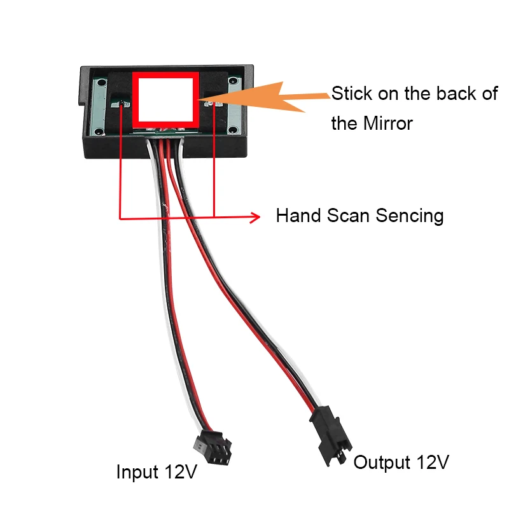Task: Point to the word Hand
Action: pos(298,216)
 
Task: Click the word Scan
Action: pos(349,216)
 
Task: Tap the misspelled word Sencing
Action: pos(409,216)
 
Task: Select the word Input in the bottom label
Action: pos(137,472)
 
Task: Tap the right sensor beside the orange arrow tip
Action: pos(213,102)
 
